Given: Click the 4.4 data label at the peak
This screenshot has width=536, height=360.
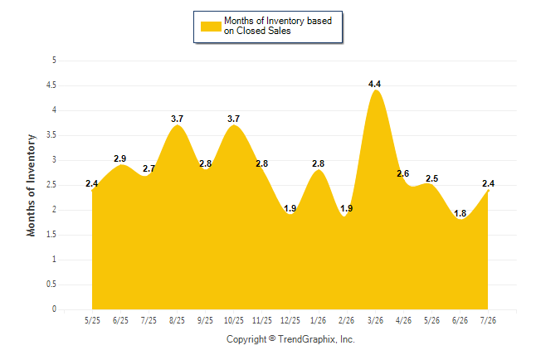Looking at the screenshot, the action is tap(375, 84).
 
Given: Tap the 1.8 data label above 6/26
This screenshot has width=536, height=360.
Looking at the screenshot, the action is tap(460, 213).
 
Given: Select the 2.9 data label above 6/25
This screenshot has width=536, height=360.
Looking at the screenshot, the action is tap(120, 158).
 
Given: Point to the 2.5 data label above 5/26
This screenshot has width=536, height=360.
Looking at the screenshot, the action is tap(431, 178).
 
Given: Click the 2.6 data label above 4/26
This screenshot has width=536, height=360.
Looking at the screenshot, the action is tap(403, 173).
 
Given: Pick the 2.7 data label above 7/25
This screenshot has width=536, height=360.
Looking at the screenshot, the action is tap(149, 168).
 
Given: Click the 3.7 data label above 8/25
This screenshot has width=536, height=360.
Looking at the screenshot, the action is tap(177, 119).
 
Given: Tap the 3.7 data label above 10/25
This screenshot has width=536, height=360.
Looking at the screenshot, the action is tap(234, 119).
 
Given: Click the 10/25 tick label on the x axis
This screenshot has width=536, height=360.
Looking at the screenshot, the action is tap(234, 320).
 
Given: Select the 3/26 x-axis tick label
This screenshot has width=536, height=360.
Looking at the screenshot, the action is tap(375, 320).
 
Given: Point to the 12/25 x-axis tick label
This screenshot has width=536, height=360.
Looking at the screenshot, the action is tap(290, 320).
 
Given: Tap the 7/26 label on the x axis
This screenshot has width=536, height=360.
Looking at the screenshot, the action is tap(488, 320).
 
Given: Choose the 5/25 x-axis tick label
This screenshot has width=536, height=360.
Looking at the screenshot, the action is tap(92, 320).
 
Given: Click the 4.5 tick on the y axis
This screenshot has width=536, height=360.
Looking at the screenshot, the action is tap(51, 85).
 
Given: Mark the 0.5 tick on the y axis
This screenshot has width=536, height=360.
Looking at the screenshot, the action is tap(51, 285).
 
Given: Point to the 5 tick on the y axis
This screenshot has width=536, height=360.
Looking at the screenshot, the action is tap(54, 61).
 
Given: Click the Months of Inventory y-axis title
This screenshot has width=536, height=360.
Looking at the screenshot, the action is tap(31, 185).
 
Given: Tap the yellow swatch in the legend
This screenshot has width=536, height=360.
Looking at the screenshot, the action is tap(211, 27).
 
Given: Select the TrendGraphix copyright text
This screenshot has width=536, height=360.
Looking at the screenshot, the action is tap(290, 339).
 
